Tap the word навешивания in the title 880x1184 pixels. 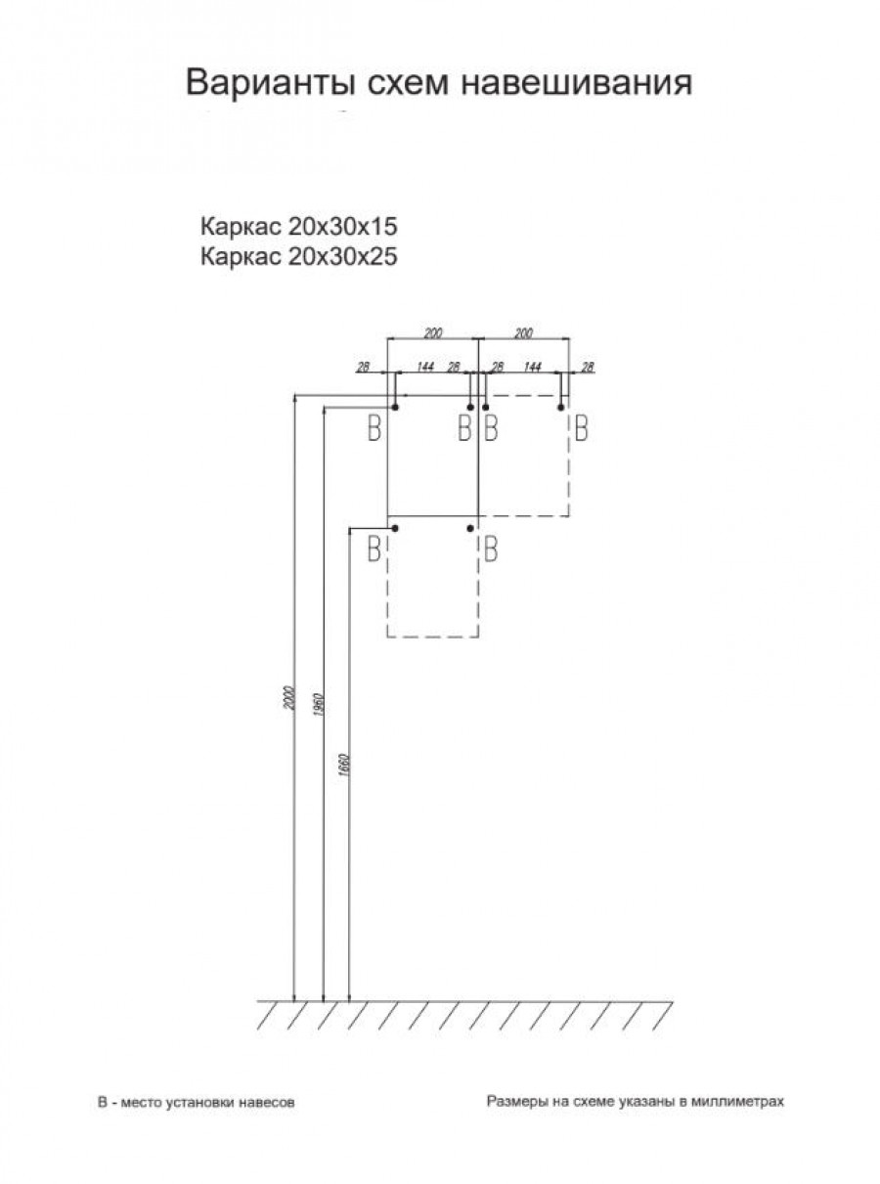tap(577, 83)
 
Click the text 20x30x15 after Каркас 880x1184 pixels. tap(342, 227)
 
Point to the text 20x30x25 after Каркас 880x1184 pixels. tap(342, 257)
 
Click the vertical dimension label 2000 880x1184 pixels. tap(288, 697)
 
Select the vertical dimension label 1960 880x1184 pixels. tap(317, 705)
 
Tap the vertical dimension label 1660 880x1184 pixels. tap(344, 765)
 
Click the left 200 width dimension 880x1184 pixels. tap(433, 332)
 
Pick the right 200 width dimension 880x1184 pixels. tap(523, 332)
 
